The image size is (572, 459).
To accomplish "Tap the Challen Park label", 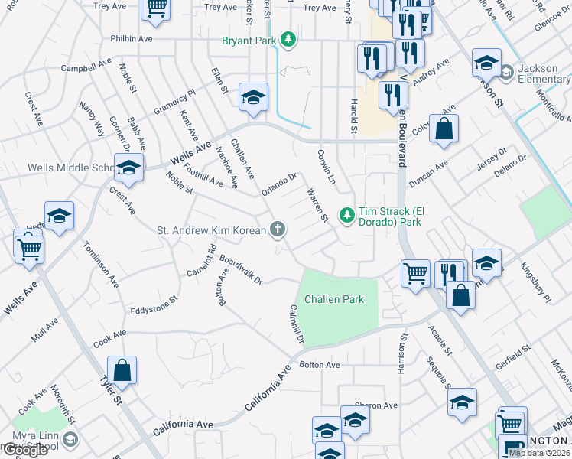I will click(x=334, y=299).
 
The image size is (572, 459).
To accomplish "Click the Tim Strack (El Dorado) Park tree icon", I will click(x=347, y=216).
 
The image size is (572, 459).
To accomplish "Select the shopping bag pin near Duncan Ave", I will click(x=444, y=130).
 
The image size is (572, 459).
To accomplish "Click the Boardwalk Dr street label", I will click(x=240, y=271).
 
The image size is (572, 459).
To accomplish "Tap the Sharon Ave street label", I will click(x=376, y=405).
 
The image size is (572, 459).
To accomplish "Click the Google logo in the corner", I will click(x=24, y=450).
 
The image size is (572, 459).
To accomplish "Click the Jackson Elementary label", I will click(x=544, y=73).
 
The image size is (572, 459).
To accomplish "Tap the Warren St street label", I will click(x=317, y=206).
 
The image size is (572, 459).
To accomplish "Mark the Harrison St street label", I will click(x=401, y=353).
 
